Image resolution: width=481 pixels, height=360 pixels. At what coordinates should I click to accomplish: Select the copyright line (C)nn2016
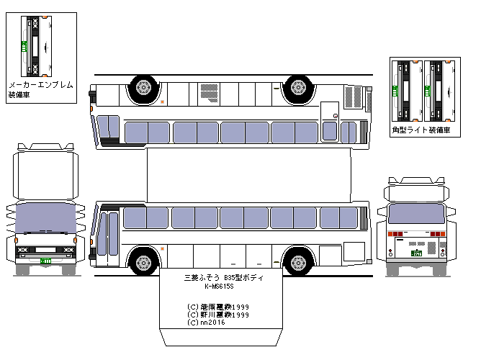coord(206,323)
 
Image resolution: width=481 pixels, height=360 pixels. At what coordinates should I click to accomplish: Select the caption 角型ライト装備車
coord(421,130)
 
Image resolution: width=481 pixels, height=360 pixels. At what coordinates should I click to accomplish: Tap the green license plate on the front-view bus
coord(45,260)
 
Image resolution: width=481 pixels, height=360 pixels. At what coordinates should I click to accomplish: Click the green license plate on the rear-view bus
coord(415,252)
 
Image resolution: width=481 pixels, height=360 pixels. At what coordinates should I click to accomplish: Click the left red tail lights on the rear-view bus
coord(395,235)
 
